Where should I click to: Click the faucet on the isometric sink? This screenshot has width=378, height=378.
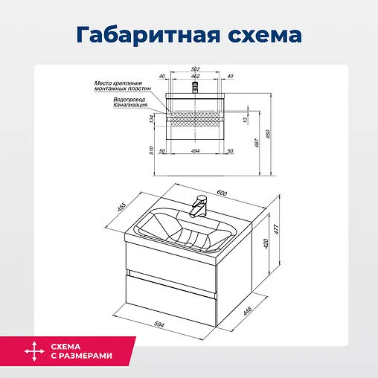pos(197,205)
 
